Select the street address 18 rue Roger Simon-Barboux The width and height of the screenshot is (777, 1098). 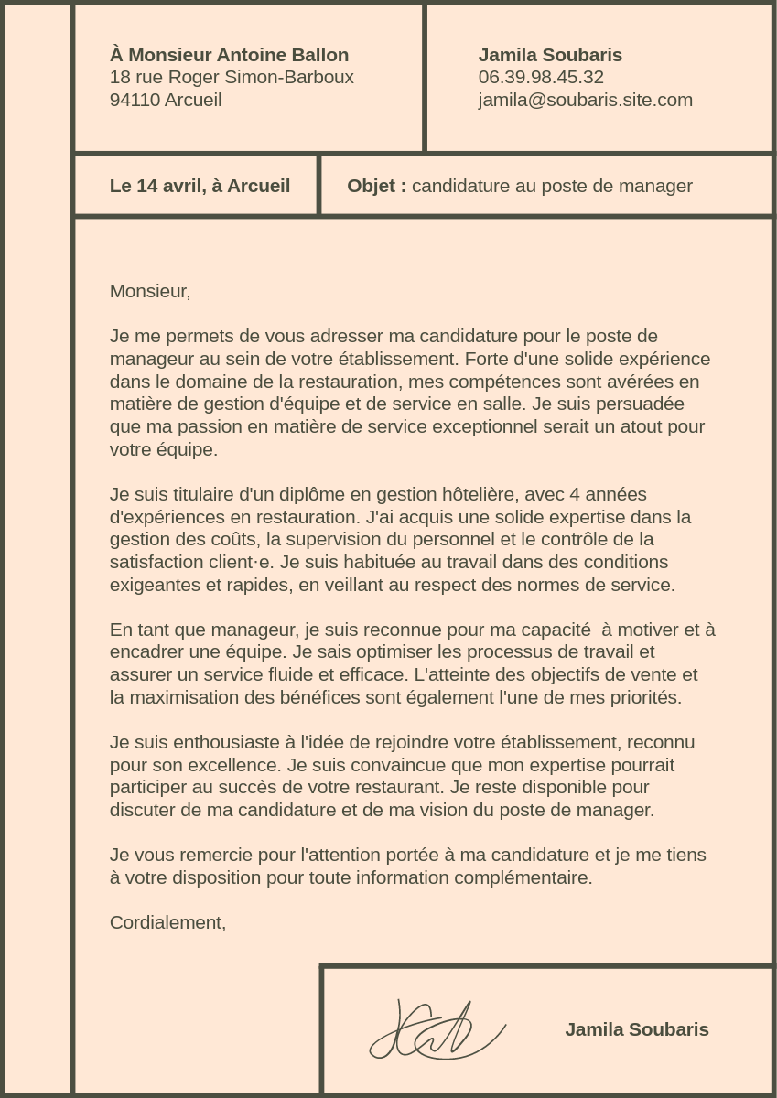pyautogui.click(x=232, y=77)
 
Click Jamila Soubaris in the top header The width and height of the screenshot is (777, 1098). pyautogui.click(x=550, y=55)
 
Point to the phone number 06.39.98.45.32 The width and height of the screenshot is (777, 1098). pyautogui.click(x=541, y=77)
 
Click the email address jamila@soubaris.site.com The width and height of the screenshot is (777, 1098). pyautogui.click(x=585, y=100)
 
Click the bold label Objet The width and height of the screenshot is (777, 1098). pyautogui.click(x=375, y=186)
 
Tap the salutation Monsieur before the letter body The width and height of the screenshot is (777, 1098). pyautogui.click(x=149, y=291)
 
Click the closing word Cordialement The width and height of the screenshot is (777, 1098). pyautogui.click(x=167, y=922)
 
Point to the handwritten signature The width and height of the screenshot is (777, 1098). pyautogui.click(x=437, y=1032)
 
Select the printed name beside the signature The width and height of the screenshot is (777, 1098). pyautogui.click(x=636, y=1029)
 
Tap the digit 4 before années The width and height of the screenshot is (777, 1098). pyautogui.click(x=575, y=494)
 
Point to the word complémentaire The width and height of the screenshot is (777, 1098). pyautogui.click(x=529, y=877)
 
